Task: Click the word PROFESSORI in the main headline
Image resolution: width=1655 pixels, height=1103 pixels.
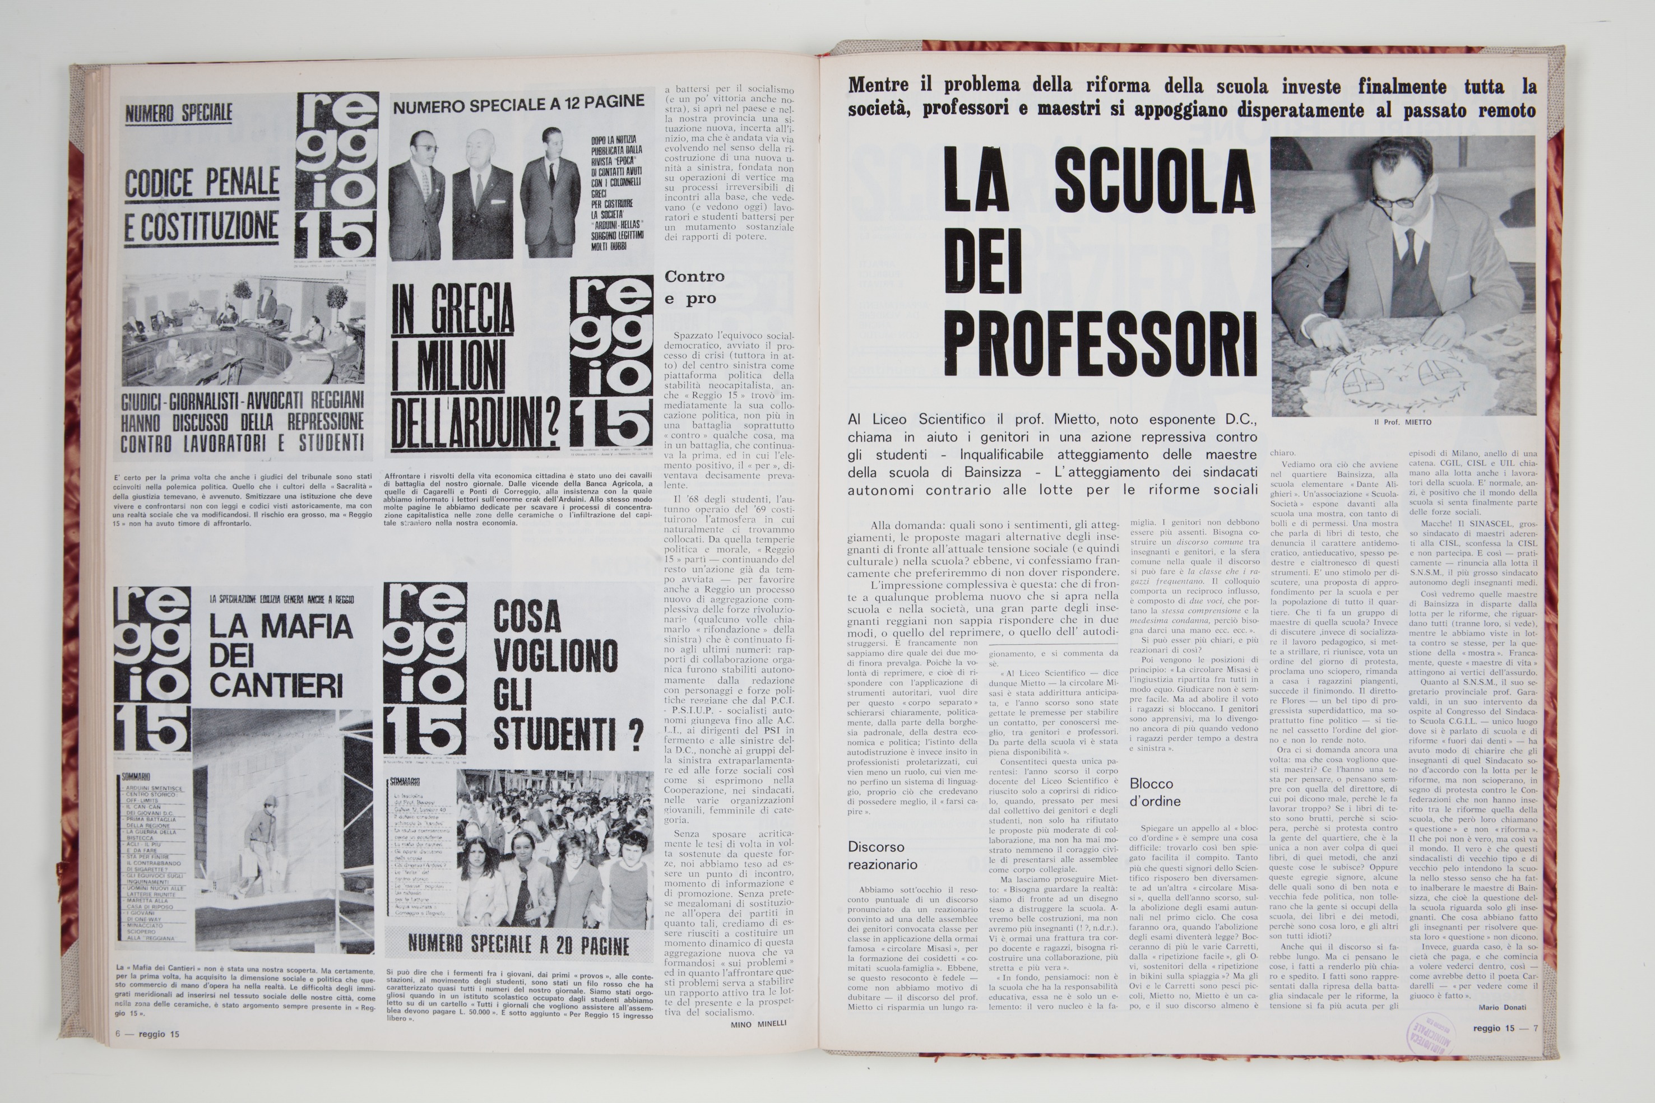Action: (x=1099, y=338)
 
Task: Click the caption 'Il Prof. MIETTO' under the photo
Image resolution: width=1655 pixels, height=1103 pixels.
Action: (x=1402, y=422)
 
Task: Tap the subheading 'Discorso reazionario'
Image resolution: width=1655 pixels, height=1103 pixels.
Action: (x=882, y=855)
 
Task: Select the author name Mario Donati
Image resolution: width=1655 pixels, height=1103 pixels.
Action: (x=1501, y=1007)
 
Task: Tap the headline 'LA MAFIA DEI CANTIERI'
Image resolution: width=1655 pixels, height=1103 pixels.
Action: (x=280, y=655)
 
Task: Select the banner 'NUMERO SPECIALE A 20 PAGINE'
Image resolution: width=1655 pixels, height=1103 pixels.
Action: (x=518, y=944)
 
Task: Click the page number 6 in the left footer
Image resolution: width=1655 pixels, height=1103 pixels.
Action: (x=119, y=1034)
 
